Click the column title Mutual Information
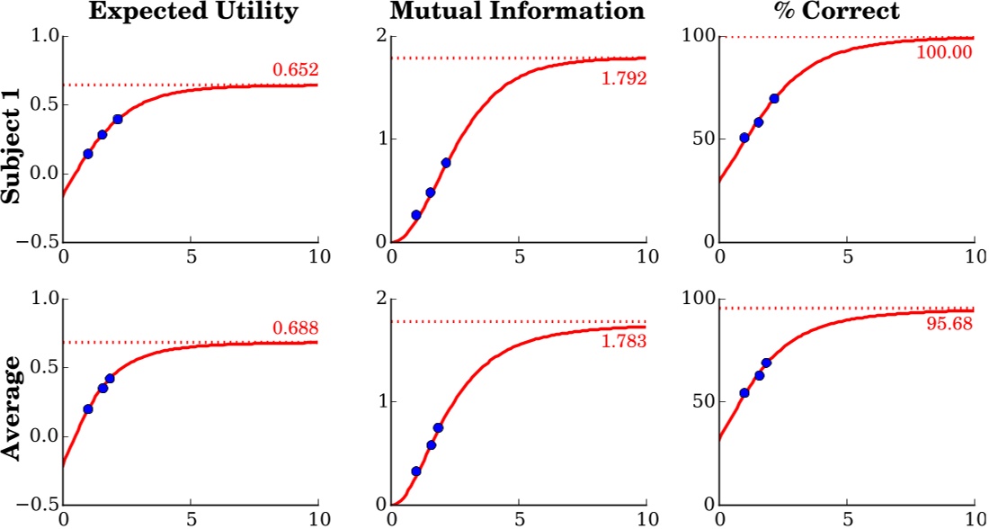tap(518, 13)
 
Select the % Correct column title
tap(846, 13)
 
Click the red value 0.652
tap(296, 70)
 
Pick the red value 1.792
tap(623, 77)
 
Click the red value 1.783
tap(623, 341)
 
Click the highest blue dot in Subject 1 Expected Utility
tap(118, 119)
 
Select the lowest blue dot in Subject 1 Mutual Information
tap(416, 215)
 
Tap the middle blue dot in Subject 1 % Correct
tap(759, 122)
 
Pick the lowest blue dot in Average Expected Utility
tap(88, 409)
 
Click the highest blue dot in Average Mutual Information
tap(438, 428)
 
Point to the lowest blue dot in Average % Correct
tap(744, 393)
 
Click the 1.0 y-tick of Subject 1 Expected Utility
tap(45, 37)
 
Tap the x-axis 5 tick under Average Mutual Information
tap(519, 519)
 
